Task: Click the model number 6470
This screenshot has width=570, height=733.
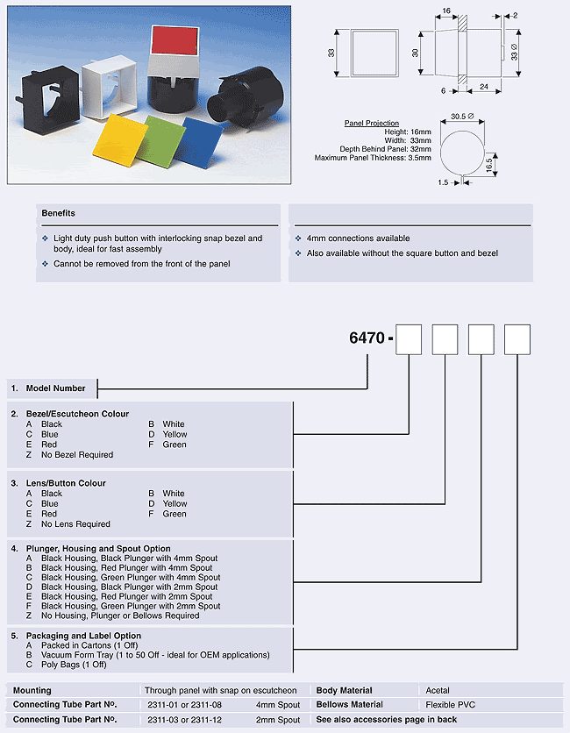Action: point(367,338)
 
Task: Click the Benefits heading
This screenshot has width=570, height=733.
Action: point(59,213)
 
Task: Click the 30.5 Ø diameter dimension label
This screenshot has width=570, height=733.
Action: point(463,117)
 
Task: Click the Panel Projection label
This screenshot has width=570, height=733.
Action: point(372,124)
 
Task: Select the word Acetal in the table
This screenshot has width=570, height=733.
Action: point(438,691)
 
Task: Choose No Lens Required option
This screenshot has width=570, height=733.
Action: point(75,524)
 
